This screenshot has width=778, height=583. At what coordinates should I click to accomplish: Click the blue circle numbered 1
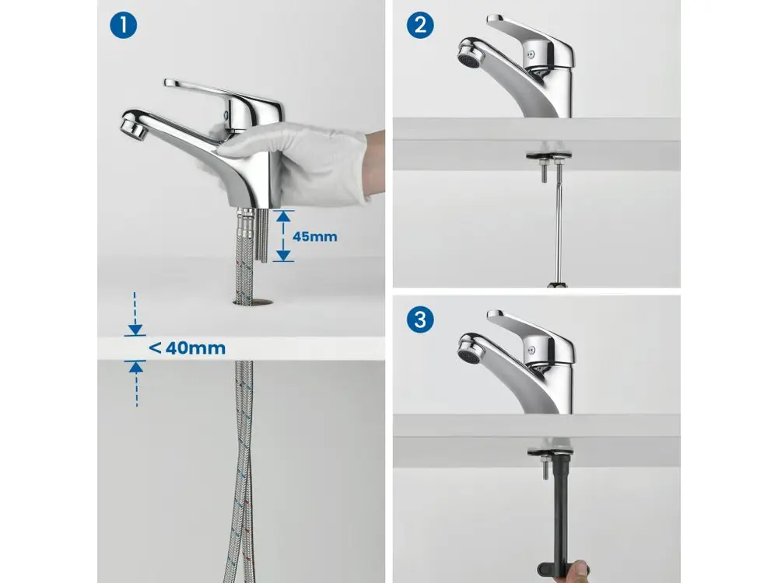click(x=123, y=25)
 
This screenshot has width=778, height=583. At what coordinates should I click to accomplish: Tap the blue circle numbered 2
click(x=420, y=25)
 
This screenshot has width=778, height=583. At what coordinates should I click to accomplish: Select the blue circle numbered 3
click(x=420, y=319)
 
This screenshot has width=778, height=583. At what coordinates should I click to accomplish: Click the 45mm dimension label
click(x=314, y=236)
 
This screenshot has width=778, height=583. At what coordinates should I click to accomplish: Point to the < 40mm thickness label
click(x=187, y=348)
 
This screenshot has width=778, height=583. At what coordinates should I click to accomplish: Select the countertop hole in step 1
click(x=253, y=300)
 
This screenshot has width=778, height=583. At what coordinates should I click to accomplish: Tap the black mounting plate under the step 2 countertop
click(x=548, y=156)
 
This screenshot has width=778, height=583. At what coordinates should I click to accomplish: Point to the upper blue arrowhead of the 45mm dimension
click(x=283, y=215)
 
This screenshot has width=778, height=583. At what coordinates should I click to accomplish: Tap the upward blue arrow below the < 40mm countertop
click(x=136, y=384)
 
